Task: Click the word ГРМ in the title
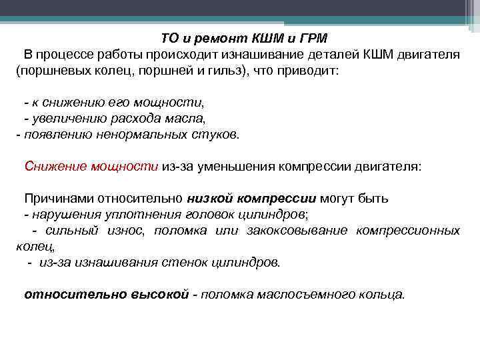(x=312, y=39)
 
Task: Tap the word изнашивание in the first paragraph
(x=248, y=54)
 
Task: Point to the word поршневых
(x=51, y=70)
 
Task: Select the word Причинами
(x=59, y=198)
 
